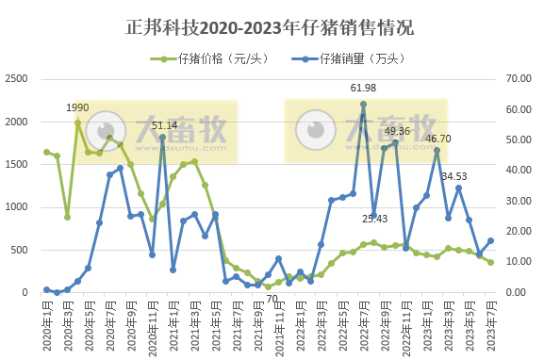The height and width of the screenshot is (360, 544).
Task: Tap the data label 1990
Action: coord(77,108)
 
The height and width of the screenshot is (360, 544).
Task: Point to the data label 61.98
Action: coord(363,88)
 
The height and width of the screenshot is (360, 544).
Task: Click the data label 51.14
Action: coord(164,124)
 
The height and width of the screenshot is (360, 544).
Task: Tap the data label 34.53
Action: coord(454,175)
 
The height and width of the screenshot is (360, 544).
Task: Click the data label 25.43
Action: coord(375,219)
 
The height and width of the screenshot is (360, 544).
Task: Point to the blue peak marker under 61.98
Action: coord(363,104)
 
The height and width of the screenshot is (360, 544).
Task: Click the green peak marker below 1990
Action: coord(78,123)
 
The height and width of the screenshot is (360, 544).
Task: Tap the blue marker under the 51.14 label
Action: coord(163,137)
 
